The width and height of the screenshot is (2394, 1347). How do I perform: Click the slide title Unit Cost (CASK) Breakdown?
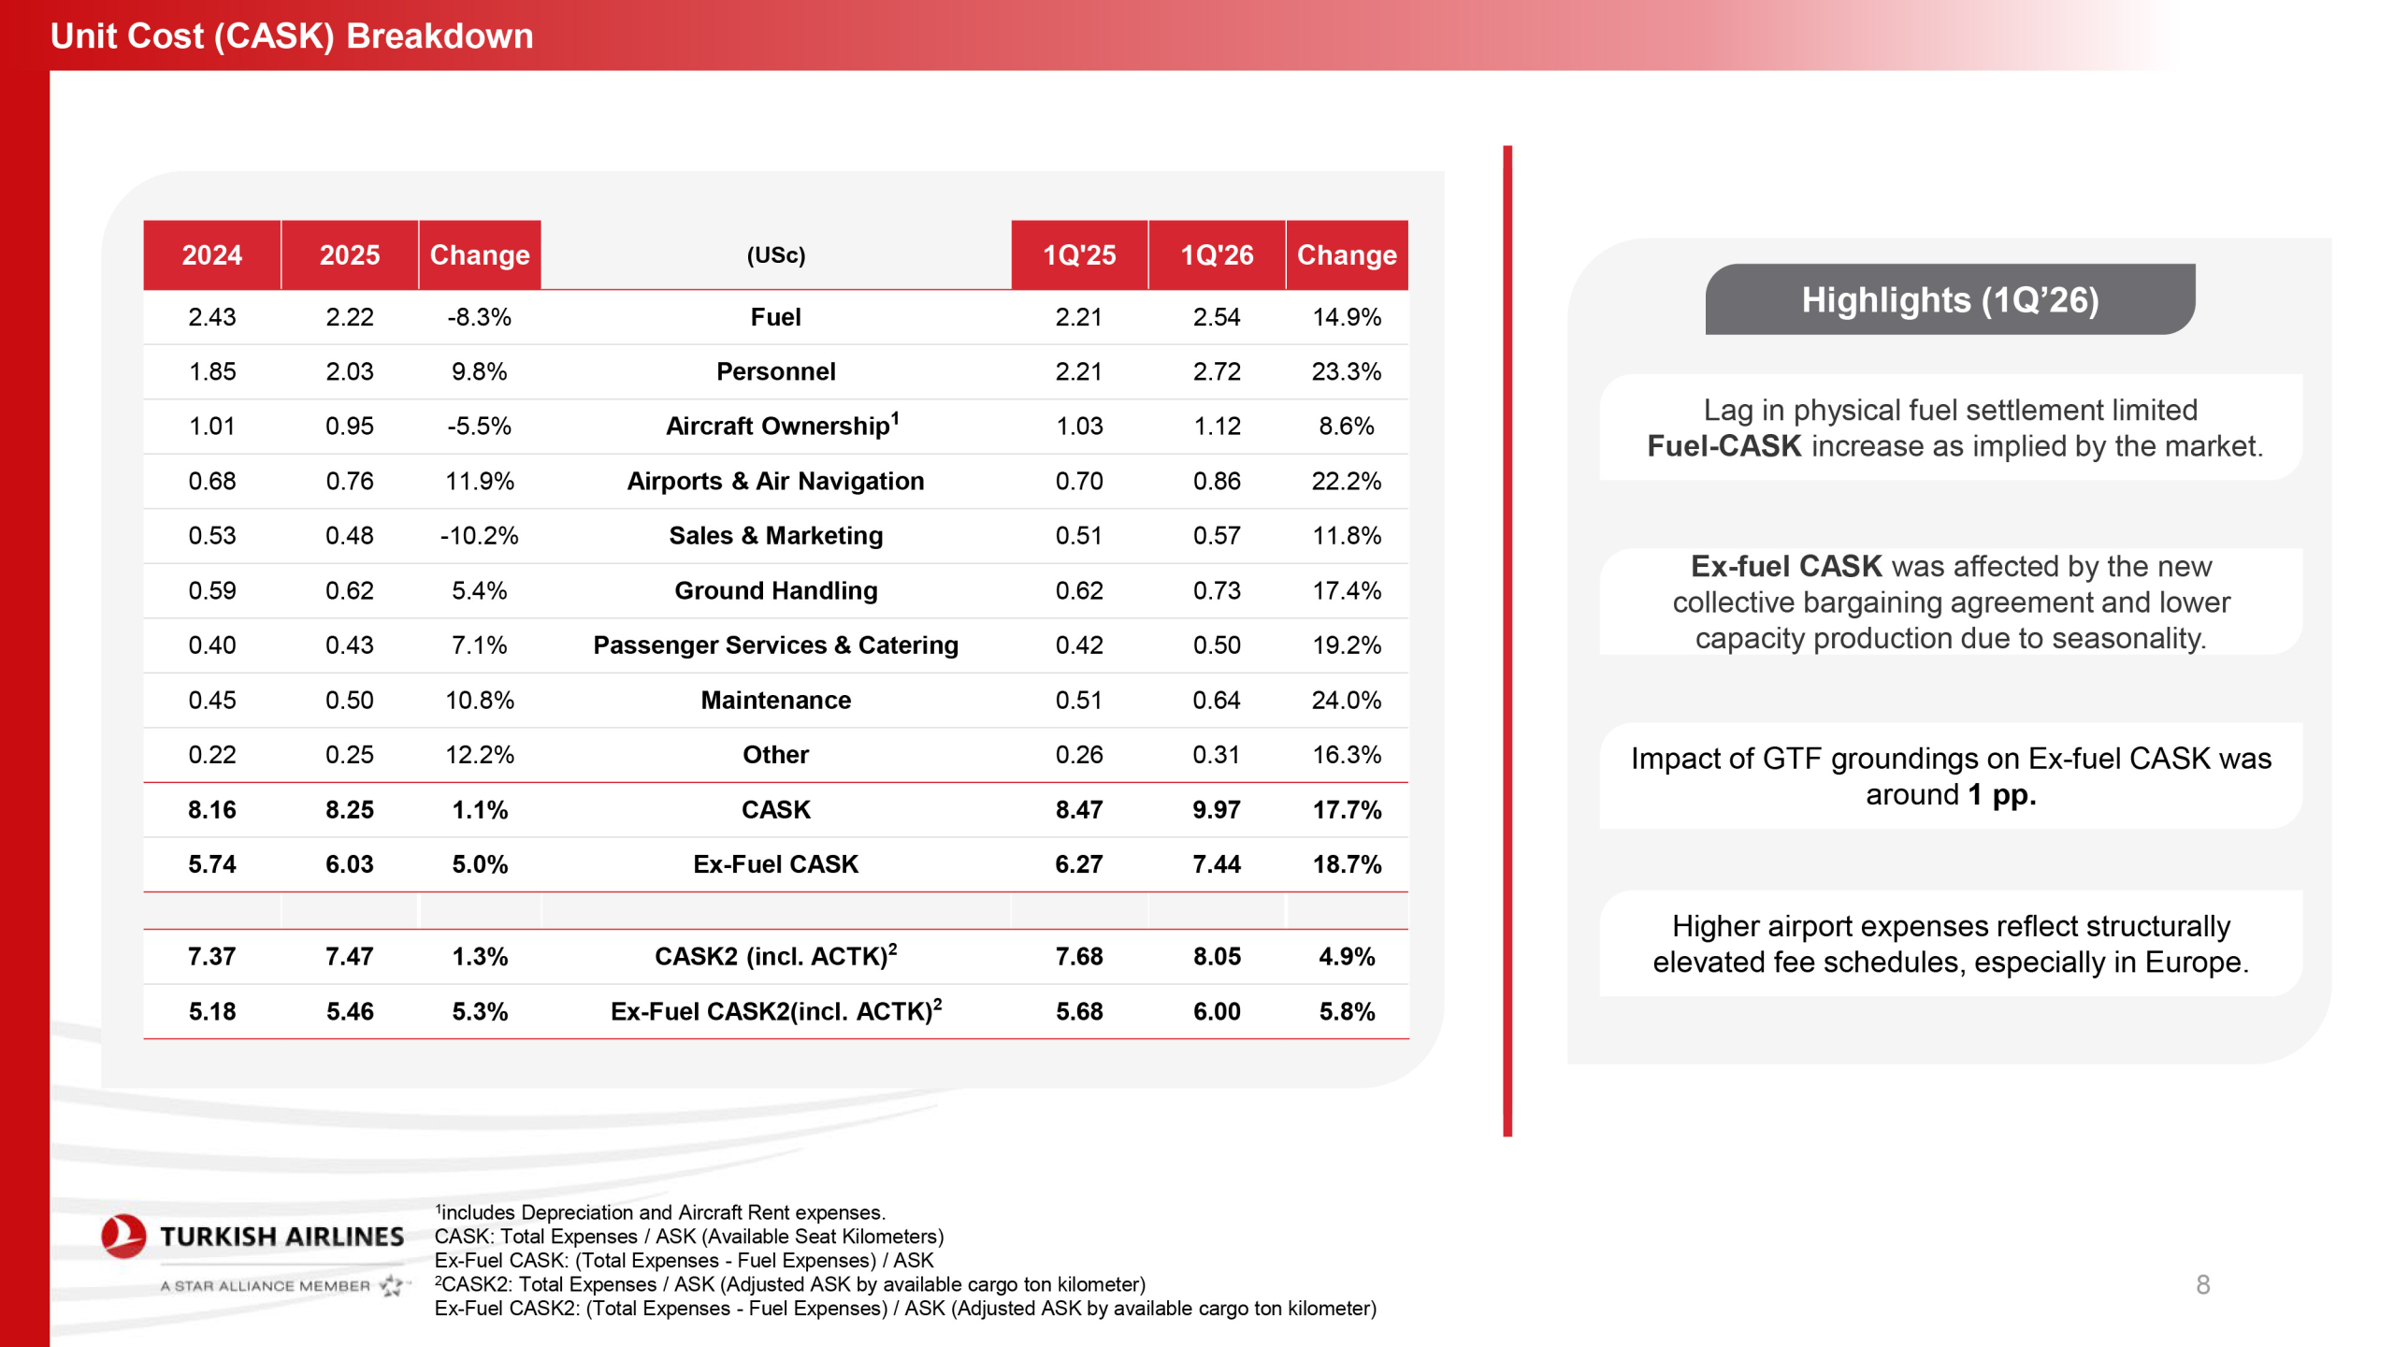[x=292, y=36]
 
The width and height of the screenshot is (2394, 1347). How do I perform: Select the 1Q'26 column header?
[x=1216, y=255]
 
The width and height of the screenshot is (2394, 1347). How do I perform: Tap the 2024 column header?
[x=211, y=255]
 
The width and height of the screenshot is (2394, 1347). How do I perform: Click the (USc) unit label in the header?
[x=775, y=255]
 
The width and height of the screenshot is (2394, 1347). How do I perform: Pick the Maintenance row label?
[x=775, y=700]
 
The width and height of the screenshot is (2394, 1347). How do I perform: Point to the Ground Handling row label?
[x=775, y=590]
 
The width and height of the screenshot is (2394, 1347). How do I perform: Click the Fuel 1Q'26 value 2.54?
[x=1216, y=317]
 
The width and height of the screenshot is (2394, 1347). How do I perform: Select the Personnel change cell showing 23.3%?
[x=1346, y=371]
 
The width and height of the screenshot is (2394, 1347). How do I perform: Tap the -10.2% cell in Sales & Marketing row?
[x=479, y=535]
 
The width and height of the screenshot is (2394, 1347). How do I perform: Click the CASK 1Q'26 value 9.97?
[x=1216, y=809]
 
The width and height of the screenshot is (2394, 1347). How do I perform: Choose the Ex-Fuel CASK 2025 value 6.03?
[x=349, y=864]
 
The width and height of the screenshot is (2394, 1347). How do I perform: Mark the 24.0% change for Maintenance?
[x=1346, y=700]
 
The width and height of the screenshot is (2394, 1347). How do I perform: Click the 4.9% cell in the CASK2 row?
[x=1346, y=956]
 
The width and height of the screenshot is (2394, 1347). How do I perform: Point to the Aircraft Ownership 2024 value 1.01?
[x=211, y=427]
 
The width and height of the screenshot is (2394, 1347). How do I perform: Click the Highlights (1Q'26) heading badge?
[x=1950, y=300]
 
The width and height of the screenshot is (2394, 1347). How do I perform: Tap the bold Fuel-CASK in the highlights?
[x=1723, y=446]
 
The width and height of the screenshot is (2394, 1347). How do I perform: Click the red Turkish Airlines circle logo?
[x=123, y=1236]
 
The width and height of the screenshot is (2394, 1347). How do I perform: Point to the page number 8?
[x=2202, y=1284]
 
